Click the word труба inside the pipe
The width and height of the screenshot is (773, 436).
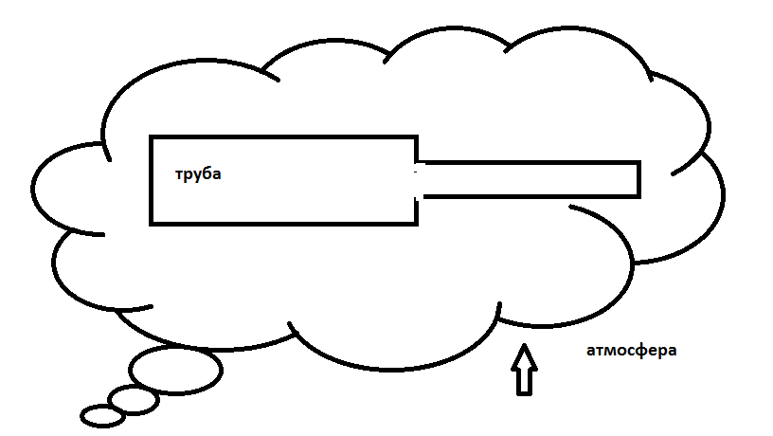click(x=198, y=175)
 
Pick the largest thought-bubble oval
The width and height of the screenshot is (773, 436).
click(x=175, y=370)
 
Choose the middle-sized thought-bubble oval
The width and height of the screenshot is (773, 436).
click(x=133, y=400)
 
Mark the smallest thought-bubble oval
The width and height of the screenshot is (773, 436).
click(x=101, y=414)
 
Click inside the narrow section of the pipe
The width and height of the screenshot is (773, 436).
click(x=530, y=179)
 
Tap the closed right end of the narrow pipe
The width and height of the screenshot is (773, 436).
click(x=639, y=179)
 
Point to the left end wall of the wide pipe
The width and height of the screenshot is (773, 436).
click(x=152, y=180)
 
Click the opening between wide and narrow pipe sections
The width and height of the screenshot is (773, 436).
click(x=418, y=179)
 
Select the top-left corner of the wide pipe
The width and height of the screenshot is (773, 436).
click(x=152, y=138)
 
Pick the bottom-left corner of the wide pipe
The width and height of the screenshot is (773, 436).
click(x=152, y=224)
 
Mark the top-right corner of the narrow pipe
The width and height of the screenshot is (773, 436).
click(x=639, y=163)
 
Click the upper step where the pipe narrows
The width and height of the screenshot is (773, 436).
click(x=418, y=152)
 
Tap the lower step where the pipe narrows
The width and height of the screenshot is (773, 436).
click(x=418, y=209)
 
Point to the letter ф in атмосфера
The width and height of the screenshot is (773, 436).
click(x=644, y=351)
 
